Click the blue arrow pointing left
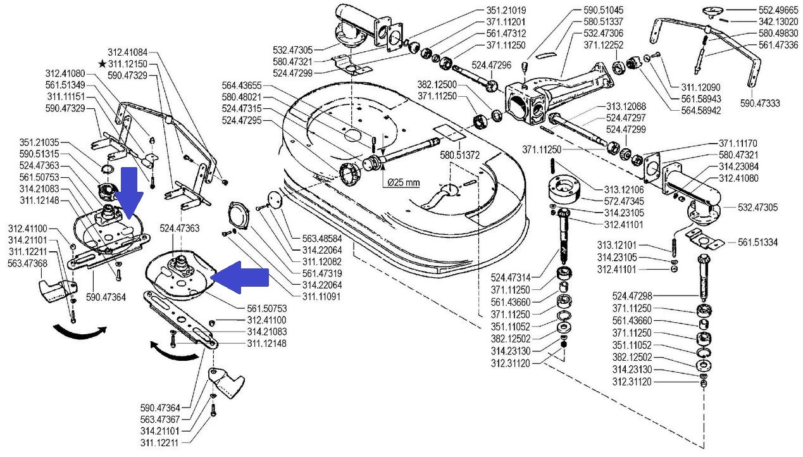[x=240, y=278]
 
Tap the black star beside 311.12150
[x=103, y=64]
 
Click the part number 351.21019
[x=507, y=10]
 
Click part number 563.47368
[x=30, y=265]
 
